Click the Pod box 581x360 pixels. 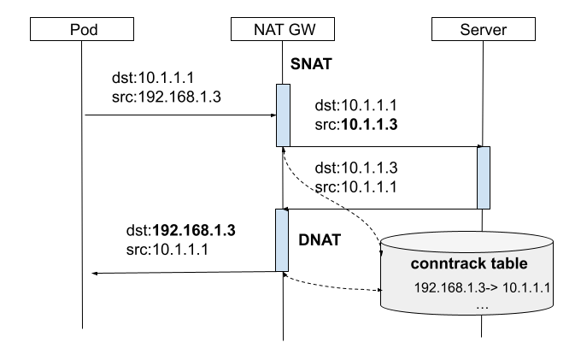83,29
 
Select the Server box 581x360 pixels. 483,29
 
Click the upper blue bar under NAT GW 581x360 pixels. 283,115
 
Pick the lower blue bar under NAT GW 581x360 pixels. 282,240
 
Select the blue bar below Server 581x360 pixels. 484,178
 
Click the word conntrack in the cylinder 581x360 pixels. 447,263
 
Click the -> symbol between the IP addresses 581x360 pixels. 491,287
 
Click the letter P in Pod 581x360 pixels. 73,30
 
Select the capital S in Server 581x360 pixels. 465,30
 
